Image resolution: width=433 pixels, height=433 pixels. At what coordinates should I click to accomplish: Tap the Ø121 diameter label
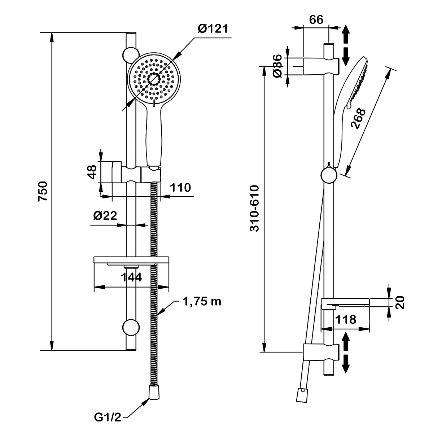213,29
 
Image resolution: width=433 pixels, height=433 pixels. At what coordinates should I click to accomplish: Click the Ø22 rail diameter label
105,215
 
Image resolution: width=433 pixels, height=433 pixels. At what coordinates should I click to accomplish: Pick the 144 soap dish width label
131,277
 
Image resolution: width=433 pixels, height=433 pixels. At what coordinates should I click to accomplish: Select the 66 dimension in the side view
316,20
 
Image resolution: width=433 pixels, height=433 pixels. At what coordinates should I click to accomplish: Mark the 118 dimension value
346,319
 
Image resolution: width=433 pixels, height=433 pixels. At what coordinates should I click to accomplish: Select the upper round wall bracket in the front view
130,55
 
